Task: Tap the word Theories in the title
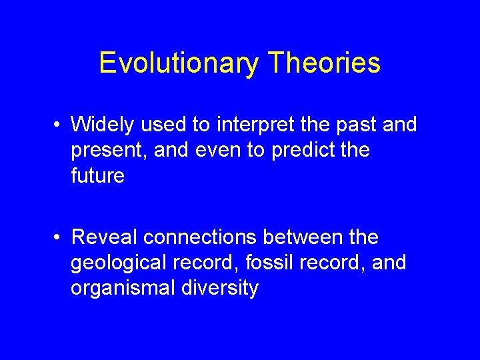click(325, 63)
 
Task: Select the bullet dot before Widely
click(59, 125)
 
